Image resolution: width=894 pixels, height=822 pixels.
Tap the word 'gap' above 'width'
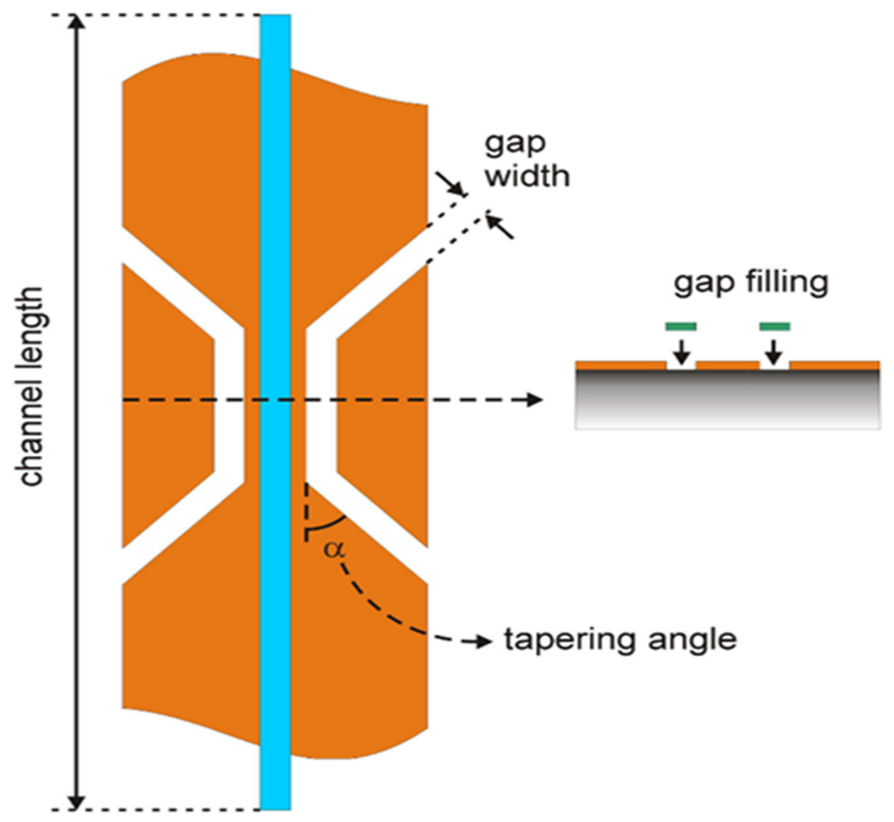(515, 144)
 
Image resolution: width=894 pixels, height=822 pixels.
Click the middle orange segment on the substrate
(728, 366)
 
